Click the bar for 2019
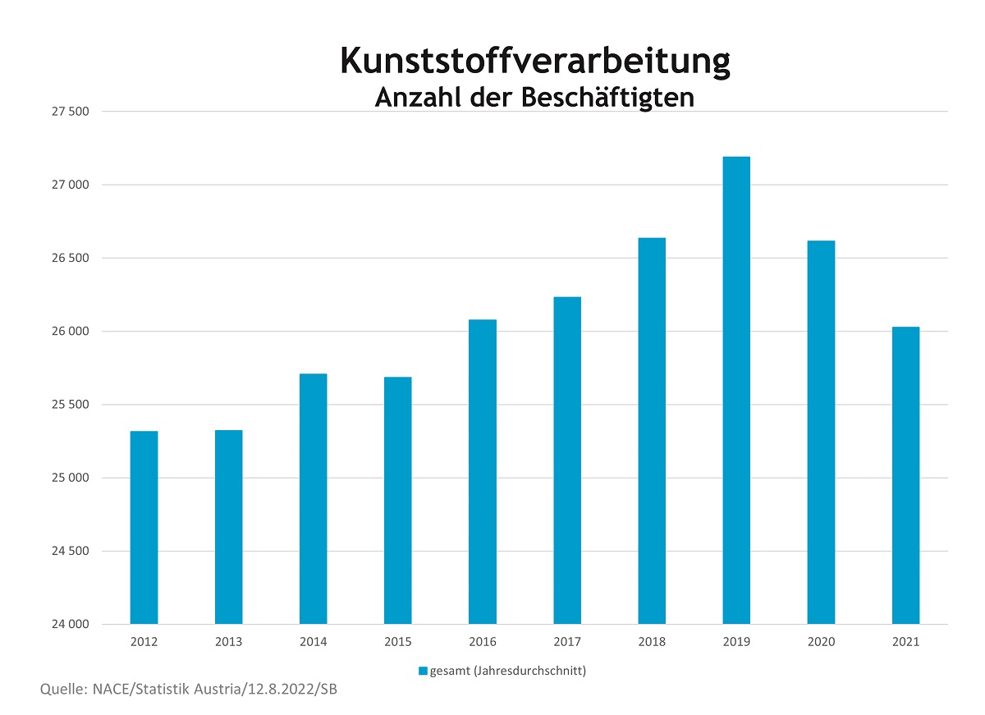[736, 390]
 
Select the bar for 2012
[144, 527]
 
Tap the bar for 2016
[483, 471]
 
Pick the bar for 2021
[905, 475]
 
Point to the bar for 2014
[314, 498]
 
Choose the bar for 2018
[652, 431]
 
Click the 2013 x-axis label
[228, 642]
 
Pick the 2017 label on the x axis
[567, 642]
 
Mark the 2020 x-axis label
[821, 642]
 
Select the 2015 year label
[398, 642]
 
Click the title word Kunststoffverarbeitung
[534, 62]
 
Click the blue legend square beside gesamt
[423, 671]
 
